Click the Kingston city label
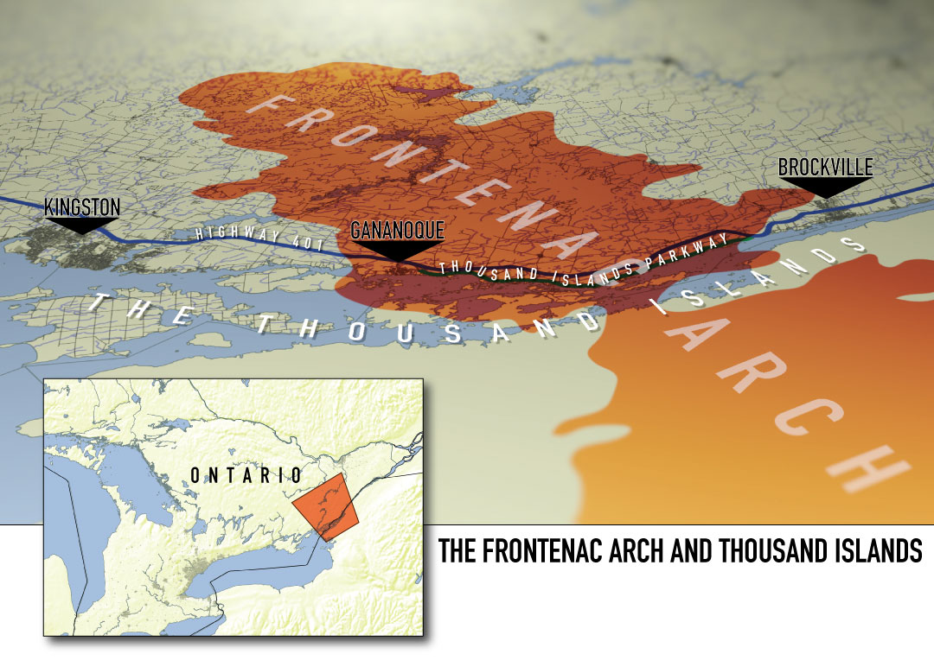82,206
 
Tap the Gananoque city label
397,230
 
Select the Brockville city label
825,167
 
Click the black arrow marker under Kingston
81,226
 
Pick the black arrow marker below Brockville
824,187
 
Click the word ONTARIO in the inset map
246,475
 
